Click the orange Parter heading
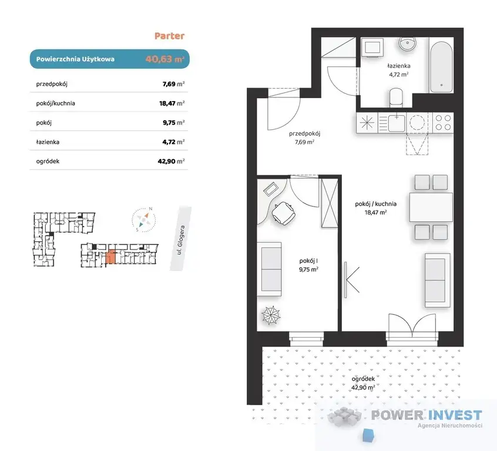click(169, 36)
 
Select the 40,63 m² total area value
click(165, 59)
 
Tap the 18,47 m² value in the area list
click(172, 103)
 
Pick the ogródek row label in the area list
click(48, 161)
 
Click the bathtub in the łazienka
click(441, 65)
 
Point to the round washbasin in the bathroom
click(407, 43)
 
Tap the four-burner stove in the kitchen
click(443, 122)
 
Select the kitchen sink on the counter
click(396, 123)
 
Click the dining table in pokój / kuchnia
click(431, 207)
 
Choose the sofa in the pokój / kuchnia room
click(438, 280)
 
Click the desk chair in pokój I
click(284, 213)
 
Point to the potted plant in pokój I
click(271, 315)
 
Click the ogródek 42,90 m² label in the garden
click(363, 383)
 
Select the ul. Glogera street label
click(181, 240)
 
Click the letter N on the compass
click(150, 209)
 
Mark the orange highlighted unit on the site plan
click(110, 257)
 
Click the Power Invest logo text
click(427, 415)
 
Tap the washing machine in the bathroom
click(372, 48)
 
